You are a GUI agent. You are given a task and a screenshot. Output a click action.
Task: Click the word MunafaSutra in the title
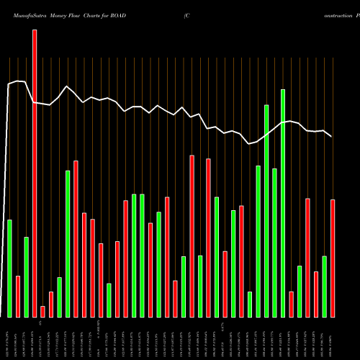point(28,15)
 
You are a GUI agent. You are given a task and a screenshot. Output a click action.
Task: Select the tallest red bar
point(34,173)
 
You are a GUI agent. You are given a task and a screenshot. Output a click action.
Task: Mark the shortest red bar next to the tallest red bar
point(42,311)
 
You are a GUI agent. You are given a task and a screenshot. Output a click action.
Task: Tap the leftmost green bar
point(9,268)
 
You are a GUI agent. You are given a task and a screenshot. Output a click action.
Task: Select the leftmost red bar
point(18,296)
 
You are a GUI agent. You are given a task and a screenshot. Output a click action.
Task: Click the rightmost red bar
point(333,258)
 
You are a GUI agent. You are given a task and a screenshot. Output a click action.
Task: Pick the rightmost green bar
point(324,286)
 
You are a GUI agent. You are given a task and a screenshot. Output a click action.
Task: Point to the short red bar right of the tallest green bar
point(291,304)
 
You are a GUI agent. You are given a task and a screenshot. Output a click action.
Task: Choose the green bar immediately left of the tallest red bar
point(26,276)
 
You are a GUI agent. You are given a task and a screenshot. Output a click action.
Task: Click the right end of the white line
point(331,136)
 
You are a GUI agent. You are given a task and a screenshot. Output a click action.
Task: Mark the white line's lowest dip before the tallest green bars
point(249,144)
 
